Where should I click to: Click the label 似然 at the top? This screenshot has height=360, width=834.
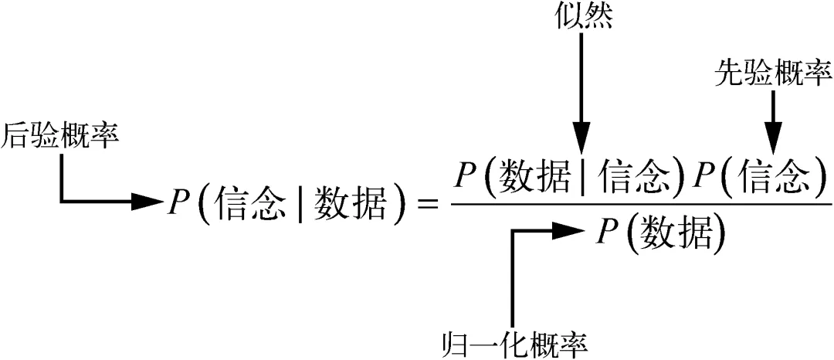point(583,17)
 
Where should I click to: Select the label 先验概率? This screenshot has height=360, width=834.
point(771,74)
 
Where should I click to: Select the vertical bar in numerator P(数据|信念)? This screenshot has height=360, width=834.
point(582,178)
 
